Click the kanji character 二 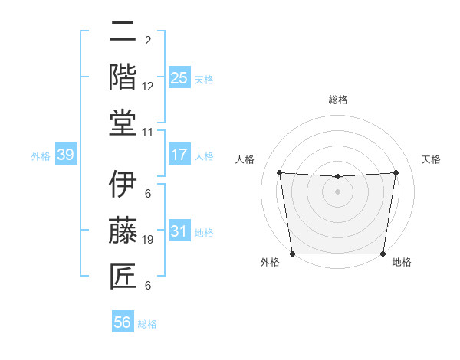coord(123,33)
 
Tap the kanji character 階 coord(123,77)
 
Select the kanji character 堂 coord(123,122)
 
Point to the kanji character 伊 coord(123,185)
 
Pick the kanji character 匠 coord(123,274)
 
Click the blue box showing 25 coord(179,77)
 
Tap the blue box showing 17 coord(179,155)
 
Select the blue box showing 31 coord(179,231)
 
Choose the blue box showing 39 coord(66,155)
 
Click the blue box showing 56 coord(123,322)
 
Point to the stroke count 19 coord(148,240)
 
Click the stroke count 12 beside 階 coord(148,87)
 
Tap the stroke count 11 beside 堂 coord(148,132)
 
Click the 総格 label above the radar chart coord(337,100)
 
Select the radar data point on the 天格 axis coord(396,172)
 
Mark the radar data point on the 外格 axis coord(292,254)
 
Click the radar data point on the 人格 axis coord(279,172)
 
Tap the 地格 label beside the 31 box coord(204,233)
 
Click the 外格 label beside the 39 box coord(41,156)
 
